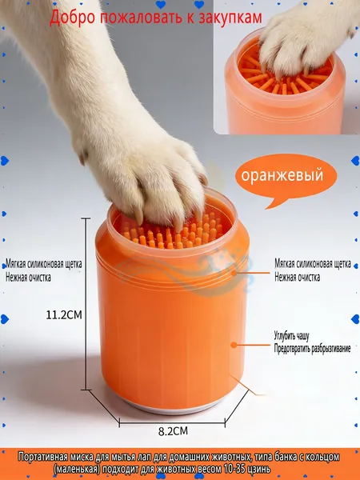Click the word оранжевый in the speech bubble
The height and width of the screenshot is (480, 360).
coord(282,175)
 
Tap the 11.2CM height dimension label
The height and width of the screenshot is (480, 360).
coord(64,314)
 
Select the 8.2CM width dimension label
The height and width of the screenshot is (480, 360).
coord(173,431)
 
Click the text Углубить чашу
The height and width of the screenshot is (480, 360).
coord(291,336)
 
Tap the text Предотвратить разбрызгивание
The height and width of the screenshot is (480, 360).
coord(312,348)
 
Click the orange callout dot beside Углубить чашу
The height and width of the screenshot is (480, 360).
coord(234,345)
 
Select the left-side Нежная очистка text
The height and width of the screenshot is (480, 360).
coord(28,278)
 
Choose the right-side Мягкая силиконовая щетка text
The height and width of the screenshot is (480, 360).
coord(313,263)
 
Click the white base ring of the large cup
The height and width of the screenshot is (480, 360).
coord(172,407)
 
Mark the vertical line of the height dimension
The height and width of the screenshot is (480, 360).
coord(86,304)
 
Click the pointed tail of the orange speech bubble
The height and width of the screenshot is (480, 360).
coord(267,208)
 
